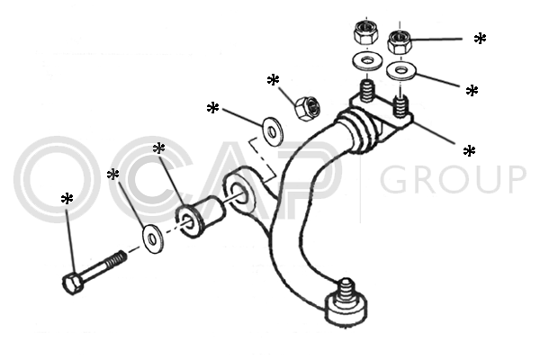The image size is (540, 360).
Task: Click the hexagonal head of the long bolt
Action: point(73,283)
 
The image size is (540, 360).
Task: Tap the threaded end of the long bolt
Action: point(115,260)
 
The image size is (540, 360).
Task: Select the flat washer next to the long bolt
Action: point(153,238)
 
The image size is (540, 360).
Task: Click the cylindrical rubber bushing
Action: point(201,217)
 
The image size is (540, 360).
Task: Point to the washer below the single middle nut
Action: point(274,130)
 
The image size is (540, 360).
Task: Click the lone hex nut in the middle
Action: point(308,108)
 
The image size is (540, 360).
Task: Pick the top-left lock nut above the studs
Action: point(365,32)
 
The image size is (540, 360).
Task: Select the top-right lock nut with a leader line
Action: point(400,42)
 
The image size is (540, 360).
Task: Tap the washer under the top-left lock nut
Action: point(368,61)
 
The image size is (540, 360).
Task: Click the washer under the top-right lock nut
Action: point(400,70)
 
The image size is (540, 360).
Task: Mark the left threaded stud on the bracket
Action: point(367,91)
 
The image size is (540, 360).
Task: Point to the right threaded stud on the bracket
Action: point(400,106)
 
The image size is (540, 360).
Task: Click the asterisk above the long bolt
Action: point(67,199)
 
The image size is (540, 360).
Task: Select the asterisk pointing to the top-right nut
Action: point(480,38)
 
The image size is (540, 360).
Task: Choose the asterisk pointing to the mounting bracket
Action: point(469,151)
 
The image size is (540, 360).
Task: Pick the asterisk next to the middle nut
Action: point(273,80)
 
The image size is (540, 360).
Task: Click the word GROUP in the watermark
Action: point(453,179)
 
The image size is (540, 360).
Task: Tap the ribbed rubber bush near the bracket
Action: point(357,130)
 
